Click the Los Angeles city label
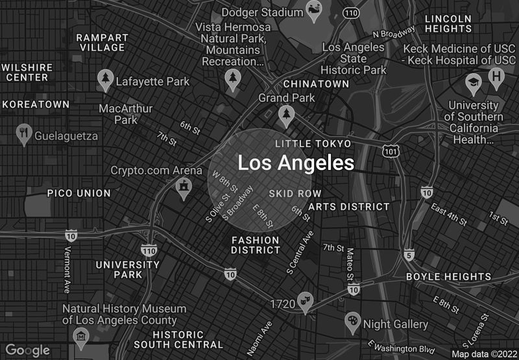pos(296,163)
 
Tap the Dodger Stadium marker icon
pos(315,12)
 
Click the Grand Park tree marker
pos(286,115)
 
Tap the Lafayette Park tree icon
pos(104,80)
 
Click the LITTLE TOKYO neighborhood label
pos(313,143)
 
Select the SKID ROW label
pos(295,193)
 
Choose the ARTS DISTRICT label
pos(349,207)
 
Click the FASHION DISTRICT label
pos(256,245)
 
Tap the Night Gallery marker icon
pos(352,320)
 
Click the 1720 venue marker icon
pos(304,300)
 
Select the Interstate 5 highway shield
pos(409,255)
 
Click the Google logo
pos(28,350)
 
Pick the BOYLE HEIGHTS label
pos(448,276)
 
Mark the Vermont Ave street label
pos(67,269)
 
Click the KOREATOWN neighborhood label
pos(36,104)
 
